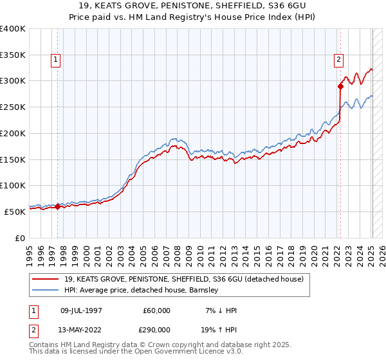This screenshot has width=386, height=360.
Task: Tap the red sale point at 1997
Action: (57, 206)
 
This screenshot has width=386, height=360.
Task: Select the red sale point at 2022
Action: (340, 85)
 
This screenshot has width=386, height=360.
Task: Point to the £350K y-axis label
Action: (12, 55)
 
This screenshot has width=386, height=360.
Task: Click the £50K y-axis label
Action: (15, 211)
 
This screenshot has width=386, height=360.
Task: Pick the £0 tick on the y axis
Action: (21, 237)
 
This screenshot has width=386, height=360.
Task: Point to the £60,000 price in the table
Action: (157, 310)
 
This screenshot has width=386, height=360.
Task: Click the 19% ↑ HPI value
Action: (219, 328)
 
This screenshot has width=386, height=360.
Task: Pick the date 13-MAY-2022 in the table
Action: (78, 328)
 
